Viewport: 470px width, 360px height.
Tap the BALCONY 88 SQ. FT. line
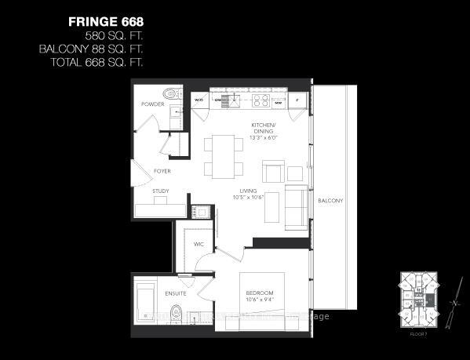tap(93, 49)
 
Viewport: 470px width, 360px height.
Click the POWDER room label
tap(153, 104)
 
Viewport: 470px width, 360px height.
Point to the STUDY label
tap(160, 191)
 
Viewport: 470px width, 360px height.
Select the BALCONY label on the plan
tap(330, 202)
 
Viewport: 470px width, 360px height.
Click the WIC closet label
tap(199, 245)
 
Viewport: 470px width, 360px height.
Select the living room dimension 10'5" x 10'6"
tap(249, 198)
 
